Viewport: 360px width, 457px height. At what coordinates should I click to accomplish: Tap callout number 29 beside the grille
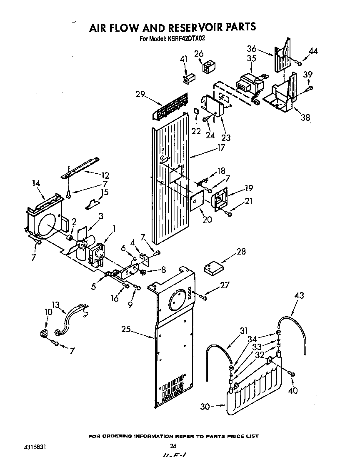pos(140,94)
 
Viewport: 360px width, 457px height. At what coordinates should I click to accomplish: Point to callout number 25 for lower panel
pos(126,329)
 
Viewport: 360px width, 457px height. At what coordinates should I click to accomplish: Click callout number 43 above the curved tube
pos(299,296)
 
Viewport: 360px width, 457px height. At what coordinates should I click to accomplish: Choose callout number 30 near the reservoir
pos(205,407)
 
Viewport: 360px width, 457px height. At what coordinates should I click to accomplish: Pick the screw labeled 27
pos(203,297)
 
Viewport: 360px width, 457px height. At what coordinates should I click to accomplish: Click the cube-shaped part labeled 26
pos(208,66)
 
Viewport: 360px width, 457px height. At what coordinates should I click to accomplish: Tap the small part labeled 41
pos(187,78)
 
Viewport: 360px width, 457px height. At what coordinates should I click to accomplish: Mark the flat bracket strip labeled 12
pos(81,167)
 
